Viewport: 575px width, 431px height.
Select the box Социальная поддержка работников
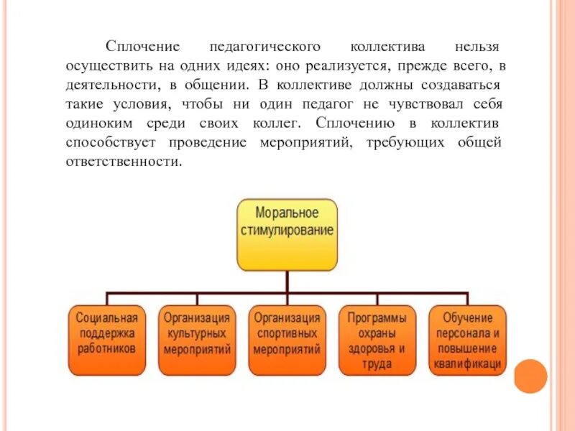(107, 340)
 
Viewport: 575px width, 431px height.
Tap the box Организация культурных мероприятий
(197, 340)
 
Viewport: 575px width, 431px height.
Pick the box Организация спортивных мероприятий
(287, 340)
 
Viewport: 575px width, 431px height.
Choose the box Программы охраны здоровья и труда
(377, 340)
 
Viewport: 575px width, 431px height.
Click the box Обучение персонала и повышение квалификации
(467, 340)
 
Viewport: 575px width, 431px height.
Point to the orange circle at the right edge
(531, 376)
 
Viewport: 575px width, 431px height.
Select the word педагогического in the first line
(264, 47)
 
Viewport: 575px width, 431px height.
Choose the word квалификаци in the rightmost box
(467, 364)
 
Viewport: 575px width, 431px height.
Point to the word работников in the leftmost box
(107, 348)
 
